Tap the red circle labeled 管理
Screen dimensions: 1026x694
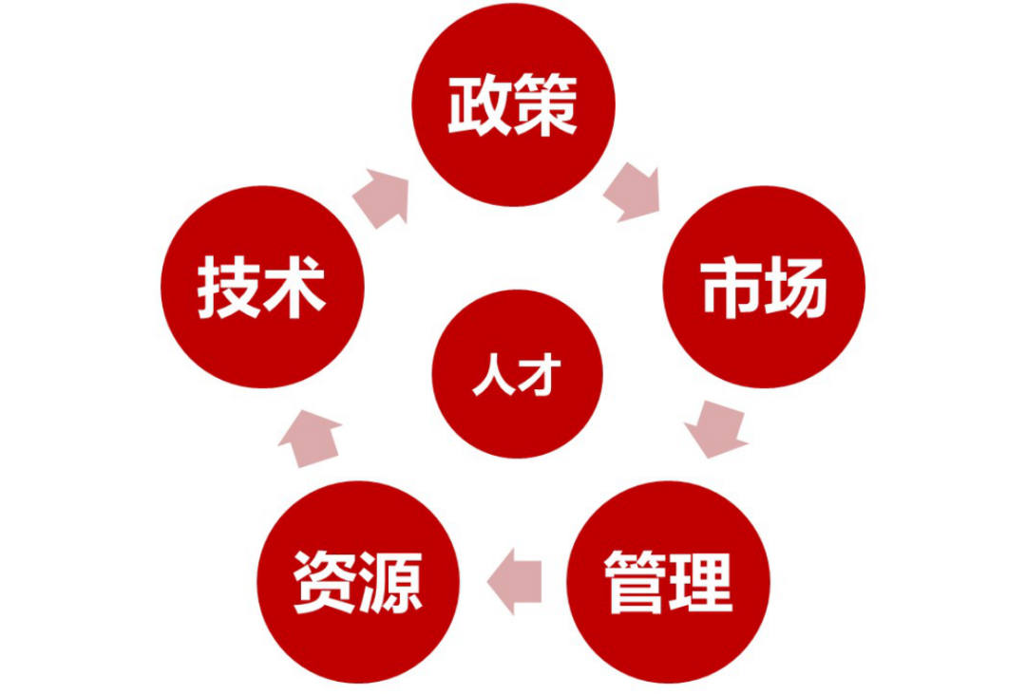point(668,582)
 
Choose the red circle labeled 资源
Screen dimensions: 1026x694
point(358,582)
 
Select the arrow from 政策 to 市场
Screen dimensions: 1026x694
point(632,193)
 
